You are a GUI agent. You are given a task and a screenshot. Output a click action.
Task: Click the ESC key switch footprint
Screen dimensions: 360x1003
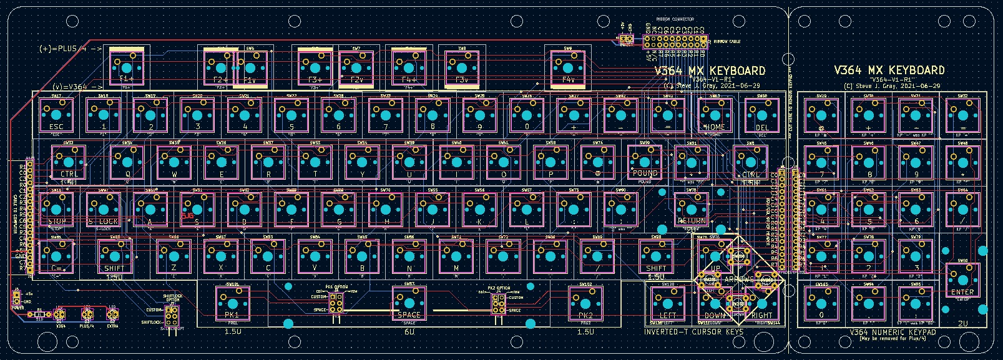point(56,115)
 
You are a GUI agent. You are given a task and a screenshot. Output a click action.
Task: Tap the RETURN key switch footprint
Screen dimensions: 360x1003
point(692,209)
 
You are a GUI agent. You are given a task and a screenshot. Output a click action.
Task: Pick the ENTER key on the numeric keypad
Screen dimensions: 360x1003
point(962,280)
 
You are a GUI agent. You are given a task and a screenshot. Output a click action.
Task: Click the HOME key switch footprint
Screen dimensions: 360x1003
point(715,115)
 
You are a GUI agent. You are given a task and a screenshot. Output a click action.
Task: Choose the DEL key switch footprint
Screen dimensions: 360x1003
point(762,115)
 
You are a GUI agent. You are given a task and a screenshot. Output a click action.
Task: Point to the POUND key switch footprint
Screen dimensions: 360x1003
point(645,162)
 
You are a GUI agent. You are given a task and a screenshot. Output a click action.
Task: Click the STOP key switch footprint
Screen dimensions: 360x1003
point(56,209)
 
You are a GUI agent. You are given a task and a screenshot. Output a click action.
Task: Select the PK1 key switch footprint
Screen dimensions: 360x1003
point(232,303)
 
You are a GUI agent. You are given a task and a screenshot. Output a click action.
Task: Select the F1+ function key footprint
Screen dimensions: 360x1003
point(127,68)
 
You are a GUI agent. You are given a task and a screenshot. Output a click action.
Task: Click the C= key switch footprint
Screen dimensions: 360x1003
point(56,256)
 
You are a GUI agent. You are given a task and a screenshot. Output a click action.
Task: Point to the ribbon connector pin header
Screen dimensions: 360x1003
point(677,42)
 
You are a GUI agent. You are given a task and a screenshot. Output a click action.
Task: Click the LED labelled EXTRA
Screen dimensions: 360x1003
point(113,314)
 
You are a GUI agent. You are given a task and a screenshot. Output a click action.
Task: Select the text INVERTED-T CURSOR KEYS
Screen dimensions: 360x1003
point(693,332)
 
